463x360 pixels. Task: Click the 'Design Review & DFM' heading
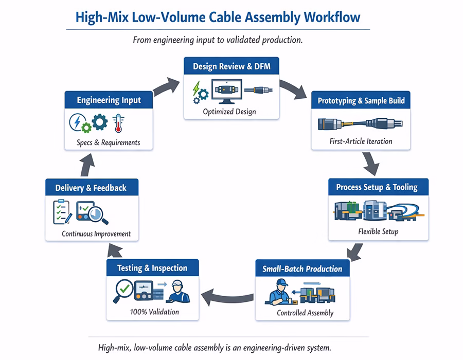232,66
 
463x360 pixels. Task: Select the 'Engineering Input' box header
109,100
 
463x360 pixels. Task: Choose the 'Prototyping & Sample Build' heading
361,101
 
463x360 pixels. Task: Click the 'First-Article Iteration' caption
361,141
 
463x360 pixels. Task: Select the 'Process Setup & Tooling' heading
377,187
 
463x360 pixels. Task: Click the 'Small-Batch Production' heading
302,268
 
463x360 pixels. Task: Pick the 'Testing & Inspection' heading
152,268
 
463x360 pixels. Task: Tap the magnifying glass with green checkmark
123,290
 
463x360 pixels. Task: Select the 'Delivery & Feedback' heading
91,188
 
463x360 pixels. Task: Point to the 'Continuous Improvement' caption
96,233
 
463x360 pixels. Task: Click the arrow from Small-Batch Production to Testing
226,295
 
